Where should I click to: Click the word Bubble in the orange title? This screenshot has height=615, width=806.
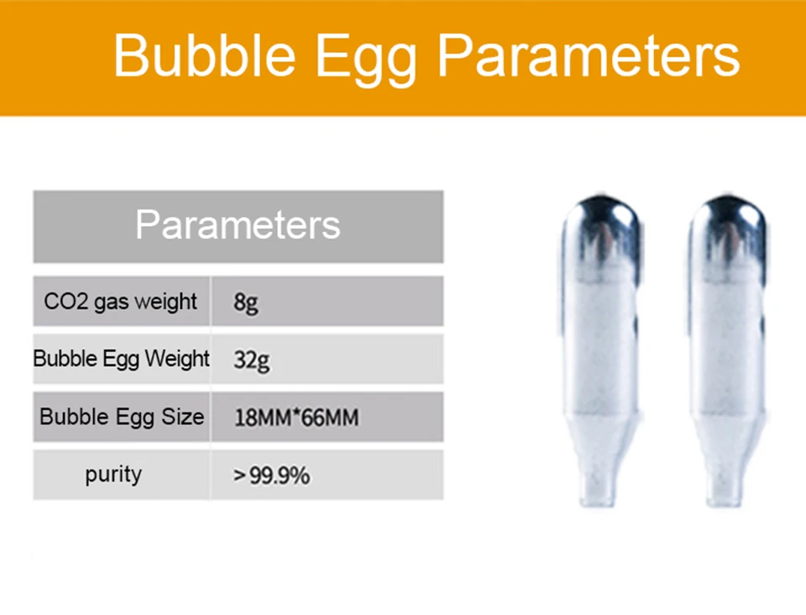tap(205, 55)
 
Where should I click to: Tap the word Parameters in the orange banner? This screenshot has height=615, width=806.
tap(589, 55)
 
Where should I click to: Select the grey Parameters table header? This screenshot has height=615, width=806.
tap(238, 227)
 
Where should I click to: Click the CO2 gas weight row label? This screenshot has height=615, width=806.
tap(121, 302)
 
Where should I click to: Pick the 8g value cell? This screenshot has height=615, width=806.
tap(246, 303)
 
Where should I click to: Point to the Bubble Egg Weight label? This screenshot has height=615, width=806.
tap(121, 359)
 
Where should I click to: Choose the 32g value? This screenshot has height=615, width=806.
tap(251, 360)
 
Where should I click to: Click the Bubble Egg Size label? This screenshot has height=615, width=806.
tap(122, 417)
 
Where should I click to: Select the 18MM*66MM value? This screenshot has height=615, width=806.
tap(296, 418)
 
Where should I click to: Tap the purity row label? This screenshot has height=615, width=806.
tap(113, 475)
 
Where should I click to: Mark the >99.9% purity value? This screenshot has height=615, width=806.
tap(271, 476)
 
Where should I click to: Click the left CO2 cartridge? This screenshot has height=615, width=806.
tap(601, 350)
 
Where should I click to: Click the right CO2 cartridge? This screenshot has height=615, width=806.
tap(727, 350)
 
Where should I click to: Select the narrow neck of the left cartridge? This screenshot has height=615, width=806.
tap(599, 486)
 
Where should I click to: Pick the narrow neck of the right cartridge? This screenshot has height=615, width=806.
tap(725, 486)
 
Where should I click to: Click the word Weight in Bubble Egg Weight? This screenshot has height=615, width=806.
tap(177, 359)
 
